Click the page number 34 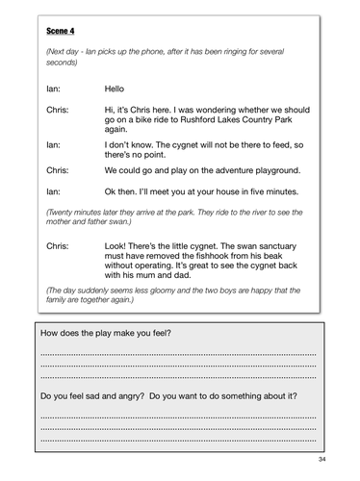coord(335,460)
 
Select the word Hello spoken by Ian coord(116,89)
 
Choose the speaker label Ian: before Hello coord(55,89)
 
